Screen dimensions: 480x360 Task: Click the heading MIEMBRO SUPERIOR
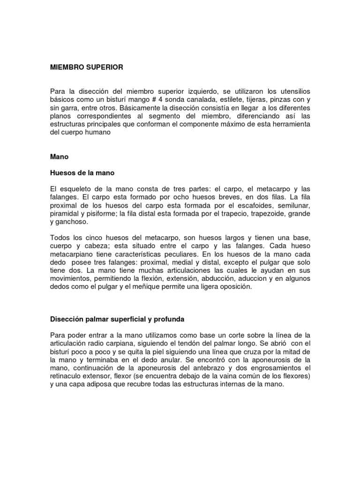pyautogui.click(x=87, y=67)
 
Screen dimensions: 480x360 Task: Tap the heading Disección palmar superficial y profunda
pyautogui.click(x=117, y=319)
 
